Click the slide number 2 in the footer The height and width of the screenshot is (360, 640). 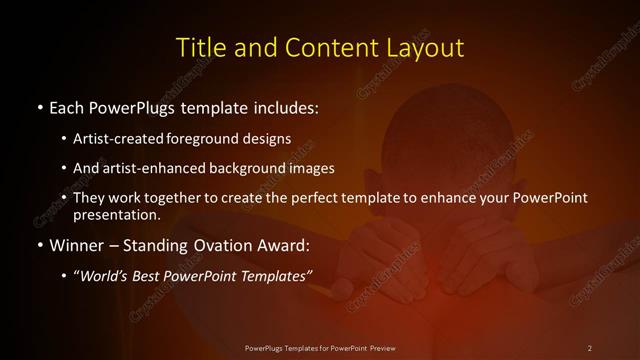click(589, 347)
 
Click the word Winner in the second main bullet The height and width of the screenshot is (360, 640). click(80, 243)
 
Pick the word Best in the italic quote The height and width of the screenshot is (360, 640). click(160, 274)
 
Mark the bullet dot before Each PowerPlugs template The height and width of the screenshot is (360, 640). click(39, 106)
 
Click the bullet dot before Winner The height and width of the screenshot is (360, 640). click(39, 243)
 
